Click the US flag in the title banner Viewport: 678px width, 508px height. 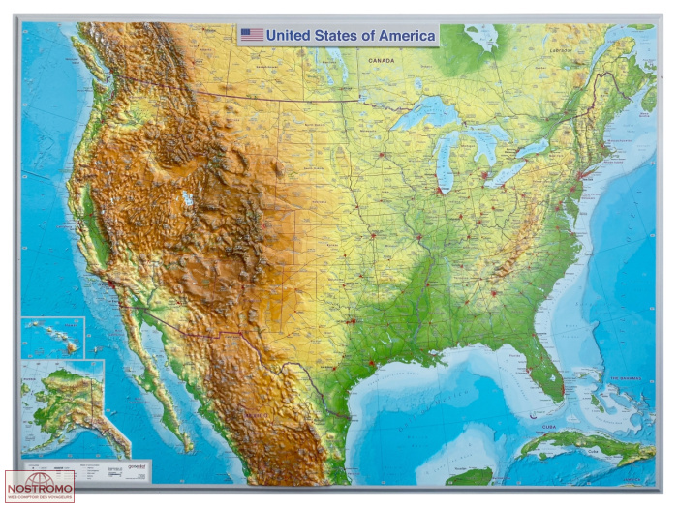tap(252, 35)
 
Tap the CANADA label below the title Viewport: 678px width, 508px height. tap(381, 60)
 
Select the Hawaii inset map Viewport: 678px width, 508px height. tap(53, 338)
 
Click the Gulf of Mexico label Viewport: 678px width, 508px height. tap(426, 406)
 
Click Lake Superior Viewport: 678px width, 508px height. tap(426, 115)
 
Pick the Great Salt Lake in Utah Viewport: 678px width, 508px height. tap(187, 199)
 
